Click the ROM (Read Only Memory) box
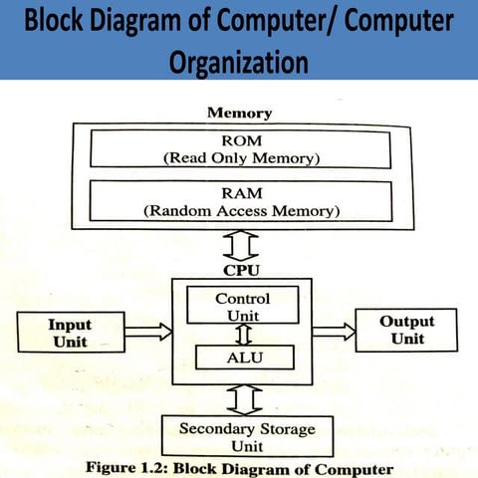click(x=238, y=148)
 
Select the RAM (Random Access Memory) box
click(x=238, y=200)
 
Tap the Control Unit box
click(x=242, y=307)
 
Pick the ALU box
click(x=242, y=357)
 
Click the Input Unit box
click(x=69, y=333)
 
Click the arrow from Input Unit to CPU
click(x=148, y=332)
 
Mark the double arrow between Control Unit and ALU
click(x=242, y=333)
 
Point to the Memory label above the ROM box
click(x=239, y=113)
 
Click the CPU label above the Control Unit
click(x=241, y=269)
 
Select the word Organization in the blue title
click(x=238, y=62)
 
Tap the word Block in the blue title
click(x=66, y=22)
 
